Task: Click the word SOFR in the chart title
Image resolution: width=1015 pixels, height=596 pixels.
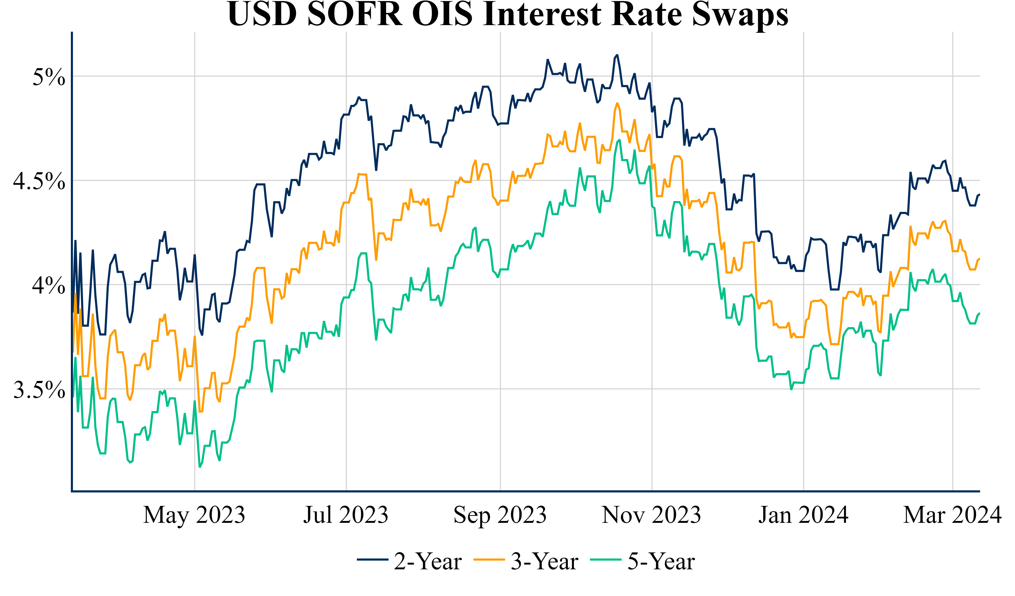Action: click(x=355, y=15)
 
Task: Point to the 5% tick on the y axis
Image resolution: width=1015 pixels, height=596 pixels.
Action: click(x=49, y=77)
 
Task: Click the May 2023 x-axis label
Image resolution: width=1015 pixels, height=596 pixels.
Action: click(x=194, y=515)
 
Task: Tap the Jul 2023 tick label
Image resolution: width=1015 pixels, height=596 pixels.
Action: click(x=345, y=515)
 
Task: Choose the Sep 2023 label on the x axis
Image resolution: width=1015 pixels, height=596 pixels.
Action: click(x=500, y=515)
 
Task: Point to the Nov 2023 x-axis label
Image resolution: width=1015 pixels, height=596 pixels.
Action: click(x=651, y=515)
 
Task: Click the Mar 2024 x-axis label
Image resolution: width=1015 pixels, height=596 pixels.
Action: click(x=952, y=515)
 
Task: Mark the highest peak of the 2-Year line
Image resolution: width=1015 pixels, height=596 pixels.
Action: click(x=617, y=55)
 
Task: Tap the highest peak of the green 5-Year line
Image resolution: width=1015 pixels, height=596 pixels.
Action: click(x=620, y=140)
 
